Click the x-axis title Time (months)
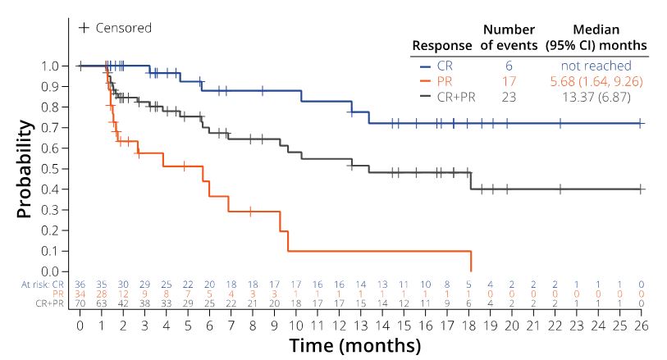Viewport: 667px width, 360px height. point(354,345)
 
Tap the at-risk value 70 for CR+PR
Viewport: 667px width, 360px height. point(80,303)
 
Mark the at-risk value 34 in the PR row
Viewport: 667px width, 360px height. point(80,293)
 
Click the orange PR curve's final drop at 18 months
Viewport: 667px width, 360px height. point(471,261)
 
